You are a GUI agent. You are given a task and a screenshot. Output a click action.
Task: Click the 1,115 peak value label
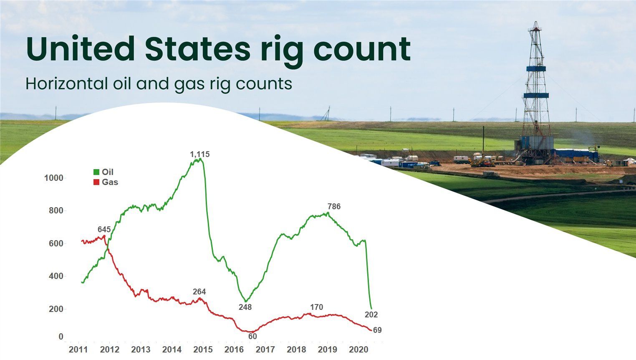pos(199,154)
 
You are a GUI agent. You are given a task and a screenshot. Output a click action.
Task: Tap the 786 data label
pos(334,207)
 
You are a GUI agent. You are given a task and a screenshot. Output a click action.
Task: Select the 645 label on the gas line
pos(104,230)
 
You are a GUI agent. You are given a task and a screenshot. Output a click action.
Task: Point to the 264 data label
pos(199,292)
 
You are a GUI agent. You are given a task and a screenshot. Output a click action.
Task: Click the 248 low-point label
pos(245,307)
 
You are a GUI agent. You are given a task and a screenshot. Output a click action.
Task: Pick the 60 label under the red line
pos(252,337)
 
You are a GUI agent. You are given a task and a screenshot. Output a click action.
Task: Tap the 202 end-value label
pos(371,314)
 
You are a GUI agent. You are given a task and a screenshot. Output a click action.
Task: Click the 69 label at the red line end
pos(377,330)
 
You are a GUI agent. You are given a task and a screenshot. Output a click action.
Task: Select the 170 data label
pos(317,307)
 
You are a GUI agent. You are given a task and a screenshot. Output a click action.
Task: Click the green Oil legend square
pos(96,172)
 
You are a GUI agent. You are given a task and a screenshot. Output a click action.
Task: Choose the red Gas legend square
pos(96,182)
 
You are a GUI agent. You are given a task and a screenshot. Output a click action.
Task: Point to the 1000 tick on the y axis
pos(54,178)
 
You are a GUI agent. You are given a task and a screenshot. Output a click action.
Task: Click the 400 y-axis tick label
pos(56,276)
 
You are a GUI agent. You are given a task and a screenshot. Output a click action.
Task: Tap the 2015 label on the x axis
pos(203,350)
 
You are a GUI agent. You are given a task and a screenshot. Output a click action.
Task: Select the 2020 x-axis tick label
pos(358,350)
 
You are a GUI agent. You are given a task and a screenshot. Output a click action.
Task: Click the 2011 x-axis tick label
pos(78,350)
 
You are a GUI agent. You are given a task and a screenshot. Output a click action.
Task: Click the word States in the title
pos(198,48)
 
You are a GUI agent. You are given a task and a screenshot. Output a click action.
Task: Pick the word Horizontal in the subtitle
pos(66,84)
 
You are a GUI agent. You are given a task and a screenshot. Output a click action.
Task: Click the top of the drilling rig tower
pos(536,22)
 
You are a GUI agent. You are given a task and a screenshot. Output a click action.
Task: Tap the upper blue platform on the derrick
pos(536,68)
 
